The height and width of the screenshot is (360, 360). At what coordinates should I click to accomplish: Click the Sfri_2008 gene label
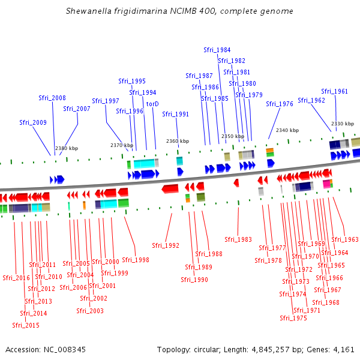(52, 98)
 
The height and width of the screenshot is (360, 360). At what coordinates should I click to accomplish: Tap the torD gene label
(152, 104)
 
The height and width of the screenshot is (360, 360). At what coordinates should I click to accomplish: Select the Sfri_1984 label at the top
(217, 50)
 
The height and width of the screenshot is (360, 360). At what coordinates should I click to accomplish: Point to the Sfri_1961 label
(334, 91)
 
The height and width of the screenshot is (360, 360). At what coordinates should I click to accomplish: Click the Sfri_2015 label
(26, 325)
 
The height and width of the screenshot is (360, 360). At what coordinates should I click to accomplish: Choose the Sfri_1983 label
(238, 239)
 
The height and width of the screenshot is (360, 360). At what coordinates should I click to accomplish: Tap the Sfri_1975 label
(293, 318)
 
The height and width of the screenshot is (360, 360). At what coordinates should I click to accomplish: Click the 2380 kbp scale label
(67, 148)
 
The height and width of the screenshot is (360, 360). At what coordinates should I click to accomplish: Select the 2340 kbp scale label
(287, 130)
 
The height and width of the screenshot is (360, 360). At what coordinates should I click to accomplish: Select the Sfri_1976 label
(280, 104)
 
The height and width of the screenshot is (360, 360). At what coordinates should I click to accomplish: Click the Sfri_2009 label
(33, 122)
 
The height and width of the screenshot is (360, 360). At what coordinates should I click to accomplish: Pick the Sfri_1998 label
(136, 260)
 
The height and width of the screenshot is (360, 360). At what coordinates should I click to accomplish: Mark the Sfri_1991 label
(176, 114)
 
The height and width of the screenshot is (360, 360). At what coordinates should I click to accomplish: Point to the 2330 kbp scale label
(342, 124)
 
